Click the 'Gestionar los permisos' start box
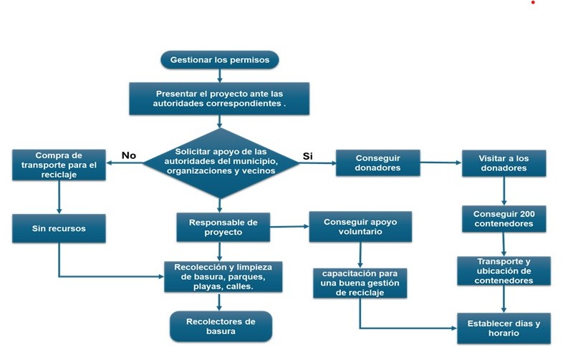coord(219,59)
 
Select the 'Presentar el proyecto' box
coord(219,99)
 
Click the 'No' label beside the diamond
coord(129,155)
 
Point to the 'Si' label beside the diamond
coord(308,155)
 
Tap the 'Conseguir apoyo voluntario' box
coord(360,226)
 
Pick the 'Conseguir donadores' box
coord(377,163)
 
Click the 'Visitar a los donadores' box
coord(504,163)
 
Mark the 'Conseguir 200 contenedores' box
coord(504,218)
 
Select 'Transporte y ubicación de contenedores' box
coord(504,271)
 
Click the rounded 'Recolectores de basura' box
coord(221,326)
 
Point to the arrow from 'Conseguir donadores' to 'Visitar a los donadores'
coord(439,164)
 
